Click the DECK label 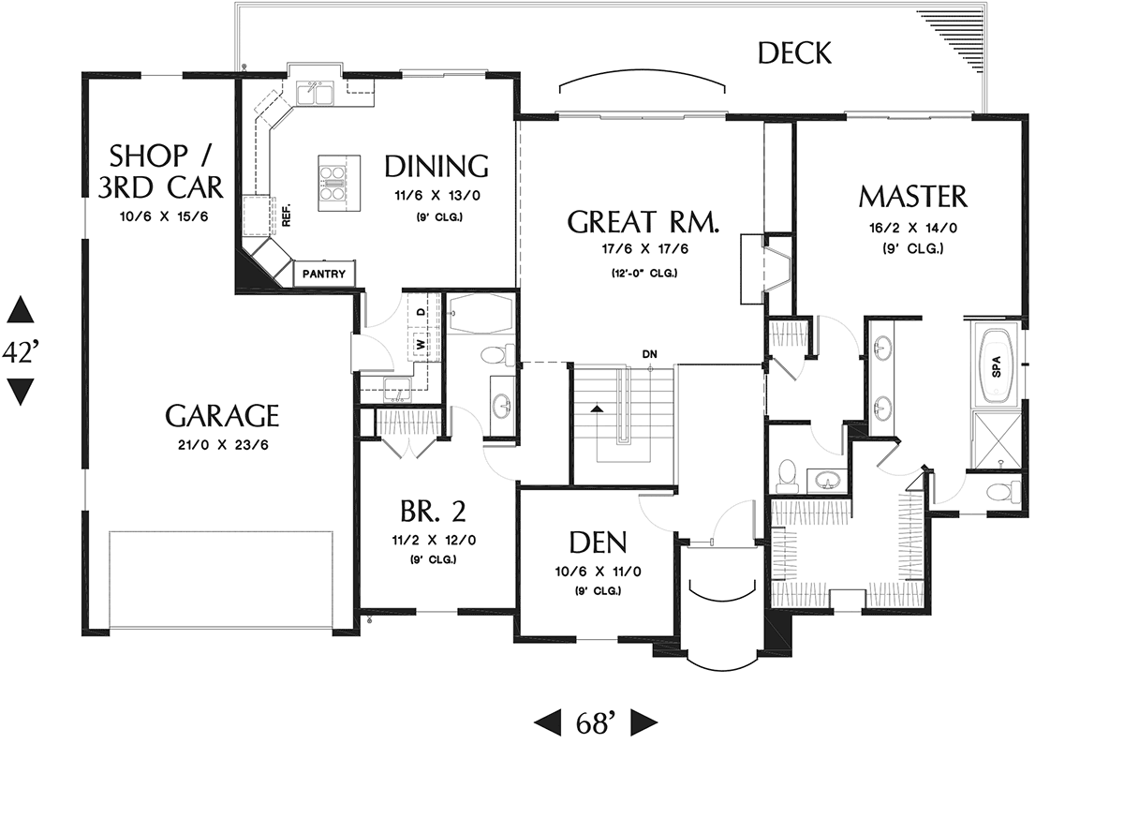click(x=794, y=53)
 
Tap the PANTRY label click(x=324, y=274)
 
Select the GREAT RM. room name click(x=643, y=222)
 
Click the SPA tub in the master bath click(x=997, y=365)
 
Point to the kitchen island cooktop click(x=332, y=183)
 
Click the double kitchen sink click(x=315, y=95)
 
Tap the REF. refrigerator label click(x=287, y=216)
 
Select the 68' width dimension click(x=596, y=723)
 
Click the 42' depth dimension click(x=21, y=351)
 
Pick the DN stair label click(x=649, y=354)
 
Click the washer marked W click(x=421, y=344)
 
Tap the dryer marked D click(x=421, y=312)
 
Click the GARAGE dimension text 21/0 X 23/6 click(x=223, y=445)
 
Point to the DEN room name click(x=599, y=542)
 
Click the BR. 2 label click(x=433, y=511)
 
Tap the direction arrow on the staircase click(x=596, y=409)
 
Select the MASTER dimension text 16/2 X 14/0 click(x=913, y=229)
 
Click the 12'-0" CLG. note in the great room click(x=644, y=274)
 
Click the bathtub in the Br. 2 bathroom click(x=481, y=313)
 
